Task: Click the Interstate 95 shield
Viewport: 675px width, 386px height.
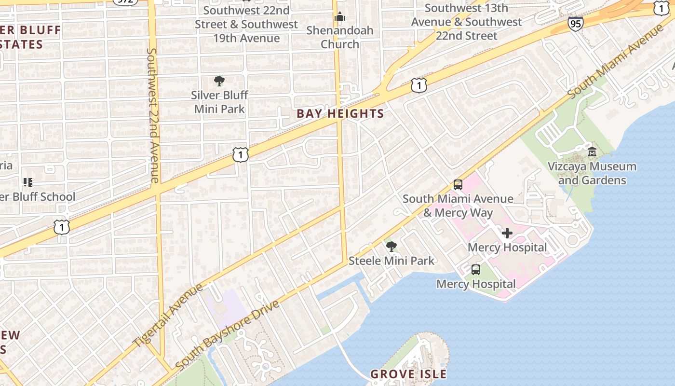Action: (575, 24)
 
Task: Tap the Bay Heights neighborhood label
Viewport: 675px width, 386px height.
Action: (340, 114)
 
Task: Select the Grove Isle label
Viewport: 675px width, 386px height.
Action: (408, 374)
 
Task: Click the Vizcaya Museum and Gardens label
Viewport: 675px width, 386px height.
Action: (592, 173)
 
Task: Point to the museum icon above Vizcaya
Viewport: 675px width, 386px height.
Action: (592, 152)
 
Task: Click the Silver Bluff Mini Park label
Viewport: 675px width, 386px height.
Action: (219, 102)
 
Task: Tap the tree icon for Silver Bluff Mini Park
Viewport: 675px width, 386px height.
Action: (219, 81)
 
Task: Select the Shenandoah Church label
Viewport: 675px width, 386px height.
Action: (340, 37)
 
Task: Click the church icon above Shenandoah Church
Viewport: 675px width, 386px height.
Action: (340, 17)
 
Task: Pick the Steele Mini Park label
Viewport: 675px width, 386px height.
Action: (391, 261)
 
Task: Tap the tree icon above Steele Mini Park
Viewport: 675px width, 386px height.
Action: (391, 247)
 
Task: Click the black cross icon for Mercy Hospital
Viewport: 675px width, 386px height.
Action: (507, 234)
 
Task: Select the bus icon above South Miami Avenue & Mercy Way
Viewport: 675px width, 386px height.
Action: (458, 185)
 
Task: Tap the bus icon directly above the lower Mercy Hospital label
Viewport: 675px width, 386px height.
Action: (476, 270)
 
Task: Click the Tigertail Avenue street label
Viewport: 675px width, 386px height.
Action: (168, 315)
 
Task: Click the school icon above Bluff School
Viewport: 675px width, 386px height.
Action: (28, 182)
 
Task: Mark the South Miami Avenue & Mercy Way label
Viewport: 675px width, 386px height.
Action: (458, 206)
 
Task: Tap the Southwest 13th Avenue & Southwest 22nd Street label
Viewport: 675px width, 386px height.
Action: (466, 22)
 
